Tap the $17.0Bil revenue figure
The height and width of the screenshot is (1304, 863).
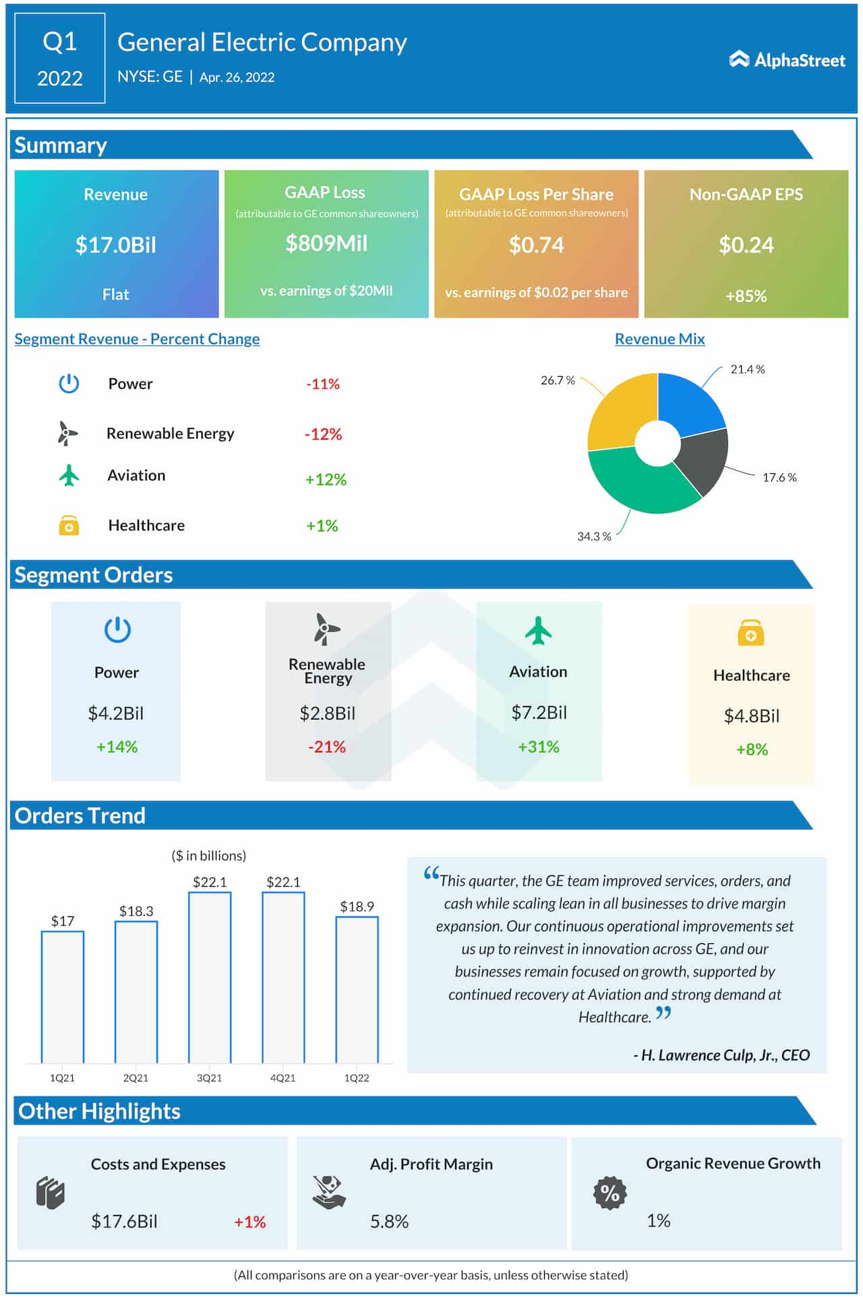(x=115, y=245)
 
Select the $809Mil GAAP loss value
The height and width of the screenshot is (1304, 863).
(x=326, y=243)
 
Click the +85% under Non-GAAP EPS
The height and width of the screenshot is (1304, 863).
(x=746, y=296)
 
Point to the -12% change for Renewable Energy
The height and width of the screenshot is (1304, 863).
(x=323, y=434)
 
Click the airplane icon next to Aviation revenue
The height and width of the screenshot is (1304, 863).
(x=69, y=475)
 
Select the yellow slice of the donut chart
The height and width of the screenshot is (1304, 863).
(x=617, y=411)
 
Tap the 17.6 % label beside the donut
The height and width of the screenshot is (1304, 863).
(x=779, y=477)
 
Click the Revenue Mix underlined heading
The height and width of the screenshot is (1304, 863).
(x=659, y=339)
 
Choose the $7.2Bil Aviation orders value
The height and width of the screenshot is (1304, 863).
(x=539, y=713)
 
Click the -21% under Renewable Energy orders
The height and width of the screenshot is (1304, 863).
(x=327, y=747)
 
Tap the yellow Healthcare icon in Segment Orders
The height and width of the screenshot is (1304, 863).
(x=750, y=633)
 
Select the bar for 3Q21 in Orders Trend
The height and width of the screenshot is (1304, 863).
(x=210, y=978)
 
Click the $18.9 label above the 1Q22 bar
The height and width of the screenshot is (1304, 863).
(x=357, y=906)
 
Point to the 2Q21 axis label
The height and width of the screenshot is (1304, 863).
(x=136, y=1078)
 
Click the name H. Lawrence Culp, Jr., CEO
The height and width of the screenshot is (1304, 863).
(x=721, y=1055)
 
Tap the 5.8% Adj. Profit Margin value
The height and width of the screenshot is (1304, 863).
(x=389, y=1221)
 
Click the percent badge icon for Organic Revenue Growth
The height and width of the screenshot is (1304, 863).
(x=609, y=1193)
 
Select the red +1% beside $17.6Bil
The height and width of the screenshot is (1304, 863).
(x=249, y=1222)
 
